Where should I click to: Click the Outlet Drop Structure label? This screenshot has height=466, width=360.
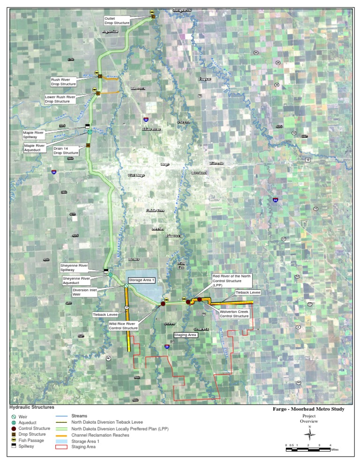[x=117, y=20]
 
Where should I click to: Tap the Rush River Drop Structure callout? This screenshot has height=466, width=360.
[x=63, y=82]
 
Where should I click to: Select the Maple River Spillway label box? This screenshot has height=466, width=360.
[x=34, y=135]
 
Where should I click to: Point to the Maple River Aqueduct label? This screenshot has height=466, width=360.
[x=35, y=148]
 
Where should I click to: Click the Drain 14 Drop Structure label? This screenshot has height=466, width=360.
[x=66, y=150]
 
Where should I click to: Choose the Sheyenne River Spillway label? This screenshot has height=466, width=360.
[x=75, y=267]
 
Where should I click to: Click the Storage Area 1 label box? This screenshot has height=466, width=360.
[x=142, y=280]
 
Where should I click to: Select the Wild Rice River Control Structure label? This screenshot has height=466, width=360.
[x=123, y=326]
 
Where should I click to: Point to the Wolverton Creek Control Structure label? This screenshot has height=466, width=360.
[x=234, y=314]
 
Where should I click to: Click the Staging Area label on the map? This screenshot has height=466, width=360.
[x=186, y=335]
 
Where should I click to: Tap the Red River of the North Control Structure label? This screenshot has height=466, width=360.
[x=232, y=281]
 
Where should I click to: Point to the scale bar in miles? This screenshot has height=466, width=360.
[x=309, y=449]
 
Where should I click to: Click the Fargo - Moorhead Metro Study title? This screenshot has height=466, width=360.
[x=308, y=409]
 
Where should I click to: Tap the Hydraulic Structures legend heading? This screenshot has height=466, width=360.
[x=32, y=407]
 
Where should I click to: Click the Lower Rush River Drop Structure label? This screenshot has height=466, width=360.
[x=60, y=99]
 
